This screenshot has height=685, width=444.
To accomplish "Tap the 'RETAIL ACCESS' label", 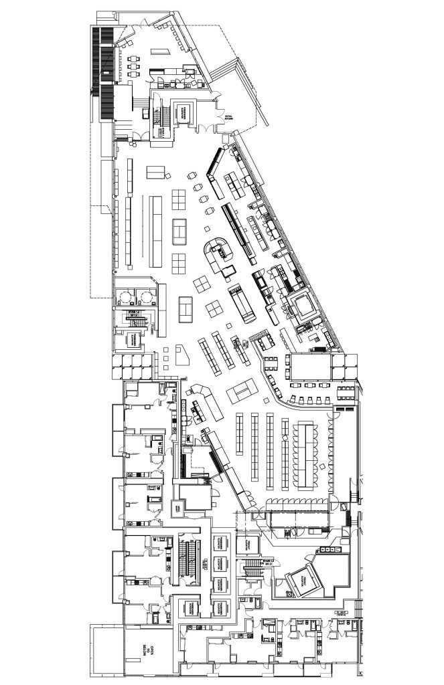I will pos(230,118).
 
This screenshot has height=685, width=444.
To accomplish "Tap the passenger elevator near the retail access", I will pos(183,112).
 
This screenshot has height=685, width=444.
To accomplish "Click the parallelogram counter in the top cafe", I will pos(158,52).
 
